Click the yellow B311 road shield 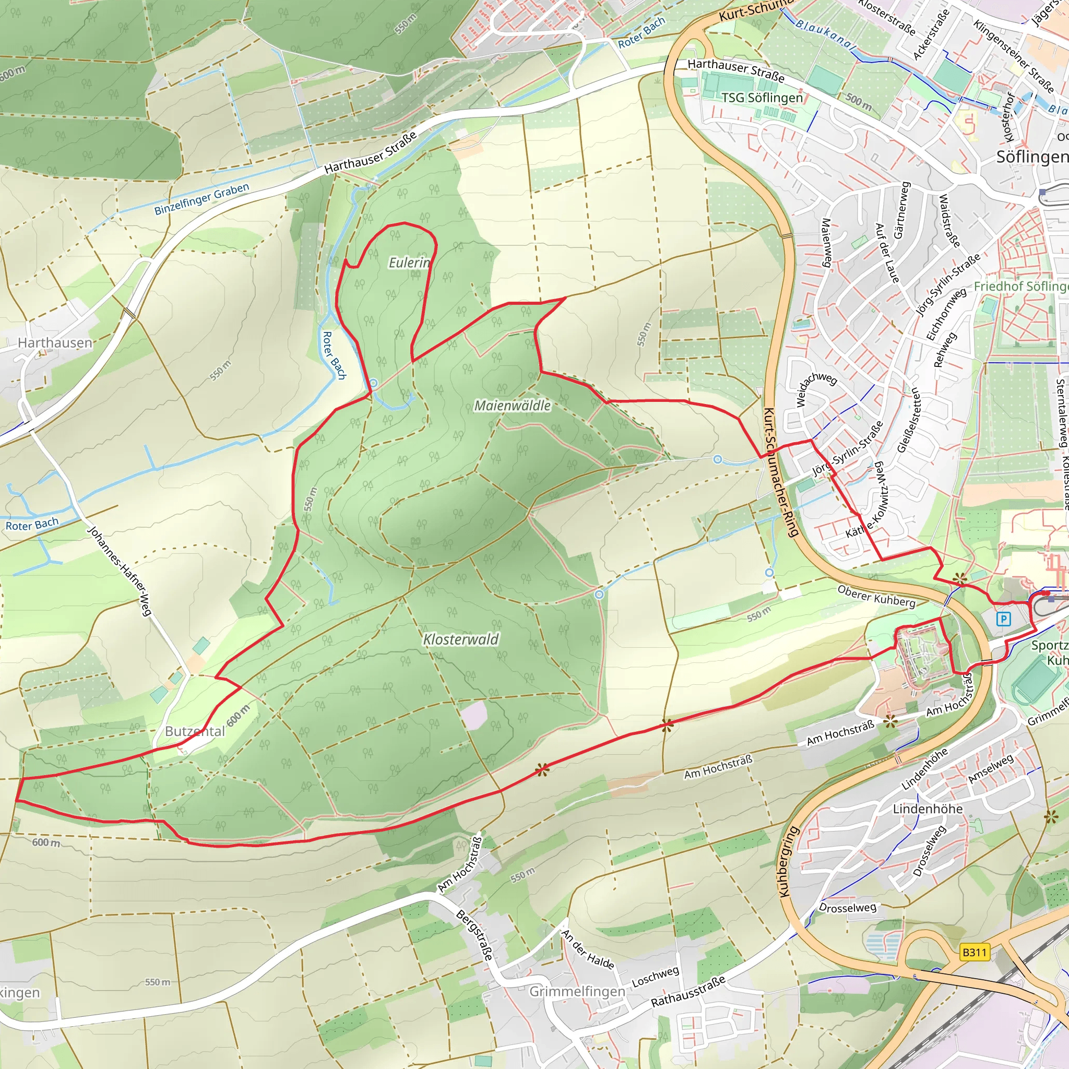point(975,952)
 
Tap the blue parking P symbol point(1003,619)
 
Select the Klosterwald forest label point(460,639)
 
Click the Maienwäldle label point(513,406)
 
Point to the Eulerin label point(409,263)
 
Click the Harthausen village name point(55,342)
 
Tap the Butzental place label point(195,731)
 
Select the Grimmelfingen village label point(577,991)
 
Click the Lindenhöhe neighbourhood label point(928,809)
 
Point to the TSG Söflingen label point(762,98)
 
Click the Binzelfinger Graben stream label point(201,199)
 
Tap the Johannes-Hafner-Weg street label point(120,571)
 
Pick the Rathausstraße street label point(687,992)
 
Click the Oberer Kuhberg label point(876,596)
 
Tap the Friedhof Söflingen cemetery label point(1021,286)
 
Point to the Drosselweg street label point(848,908)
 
